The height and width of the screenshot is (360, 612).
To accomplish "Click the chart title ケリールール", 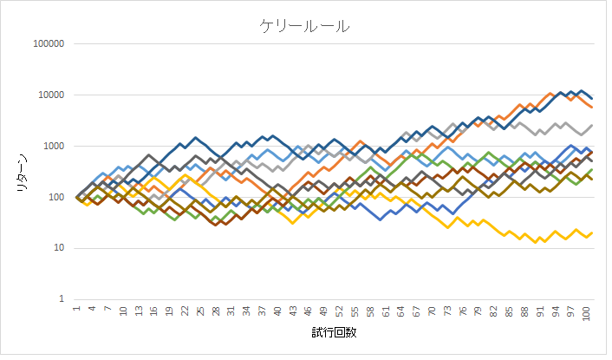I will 305,26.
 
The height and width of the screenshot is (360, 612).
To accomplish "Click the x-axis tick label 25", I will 200,311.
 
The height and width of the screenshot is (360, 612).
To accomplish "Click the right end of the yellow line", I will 591,232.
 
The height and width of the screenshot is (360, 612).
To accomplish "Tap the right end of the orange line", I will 591,107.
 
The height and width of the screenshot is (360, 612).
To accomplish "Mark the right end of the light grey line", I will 591,125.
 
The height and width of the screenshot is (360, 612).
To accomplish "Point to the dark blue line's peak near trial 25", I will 195,137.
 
